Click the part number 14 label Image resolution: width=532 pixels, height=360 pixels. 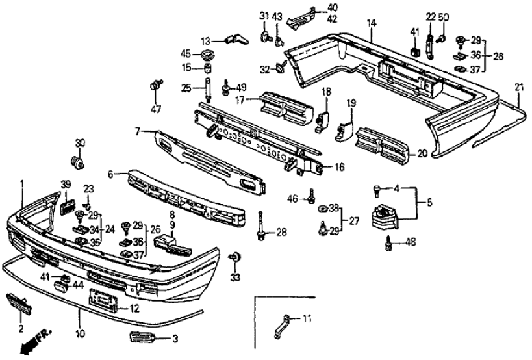coord(371,23)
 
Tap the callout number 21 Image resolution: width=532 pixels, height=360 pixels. coord(518,86)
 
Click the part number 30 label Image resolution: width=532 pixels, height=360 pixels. coord(80,143)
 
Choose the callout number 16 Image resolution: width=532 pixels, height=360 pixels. coord(339,168)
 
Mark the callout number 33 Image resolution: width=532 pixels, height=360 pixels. coord(235,277)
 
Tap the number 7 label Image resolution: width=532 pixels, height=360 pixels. coord(138,132)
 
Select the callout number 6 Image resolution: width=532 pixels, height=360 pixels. coord(110,174)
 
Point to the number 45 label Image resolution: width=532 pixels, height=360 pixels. coord(186,53)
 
